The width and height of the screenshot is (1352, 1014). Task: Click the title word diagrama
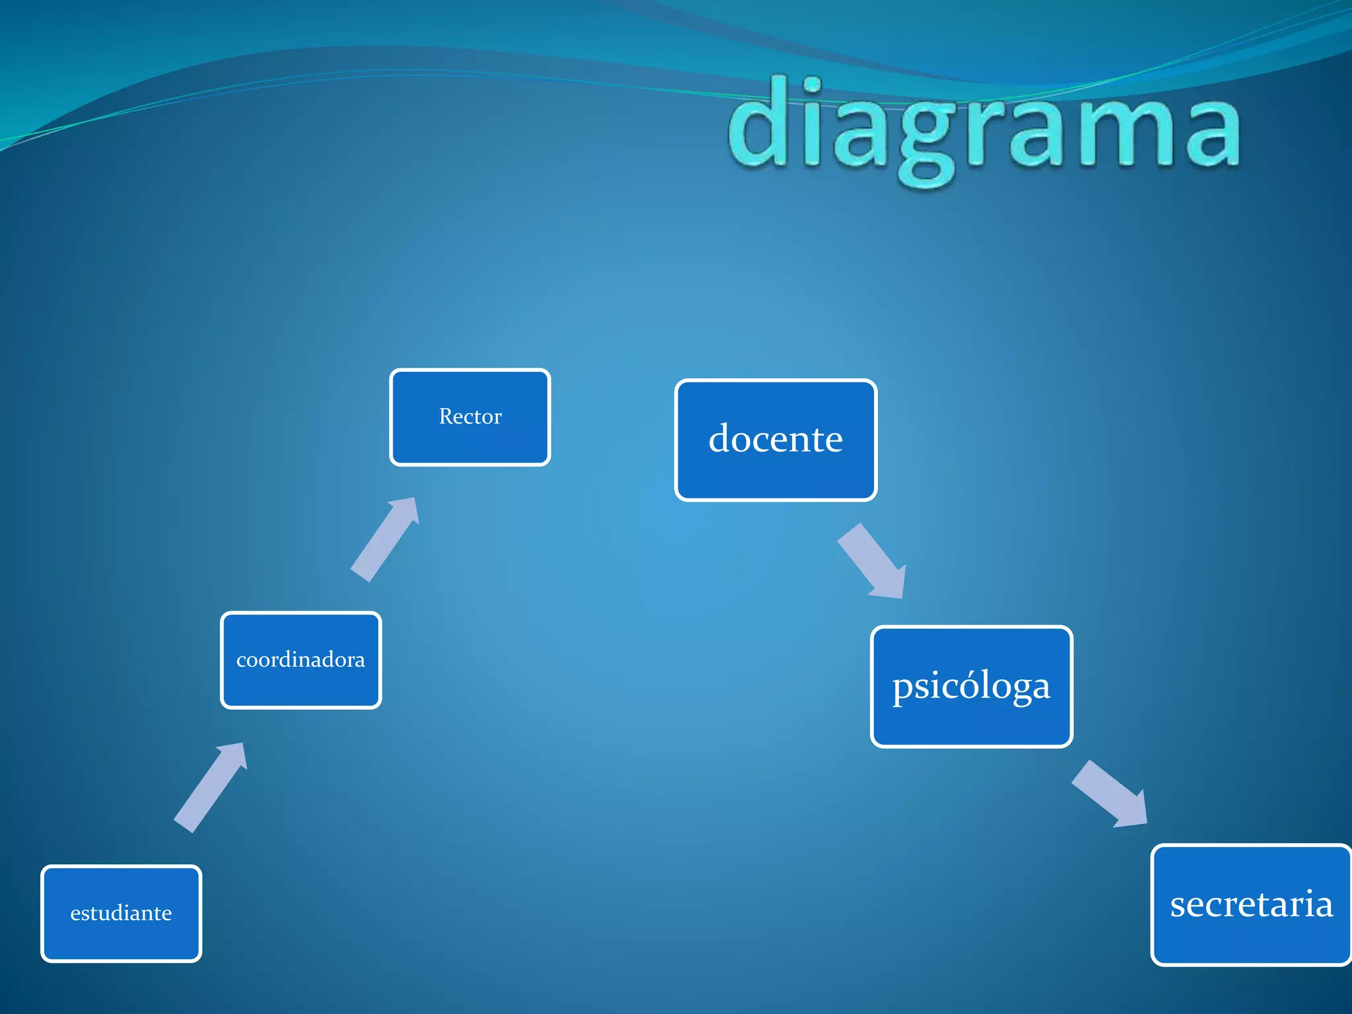pos(984,129)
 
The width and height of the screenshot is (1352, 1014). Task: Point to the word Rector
pos(470,417)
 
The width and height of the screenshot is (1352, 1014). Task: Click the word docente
pos(775,438)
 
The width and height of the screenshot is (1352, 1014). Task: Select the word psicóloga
pos(971,687)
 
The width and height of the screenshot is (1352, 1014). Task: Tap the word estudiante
pos(121,913)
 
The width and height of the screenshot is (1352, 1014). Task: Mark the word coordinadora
pos(300,659)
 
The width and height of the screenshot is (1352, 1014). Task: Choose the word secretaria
pos(1251,904)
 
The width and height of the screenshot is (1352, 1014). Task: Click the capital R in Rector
pos(446,417)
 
